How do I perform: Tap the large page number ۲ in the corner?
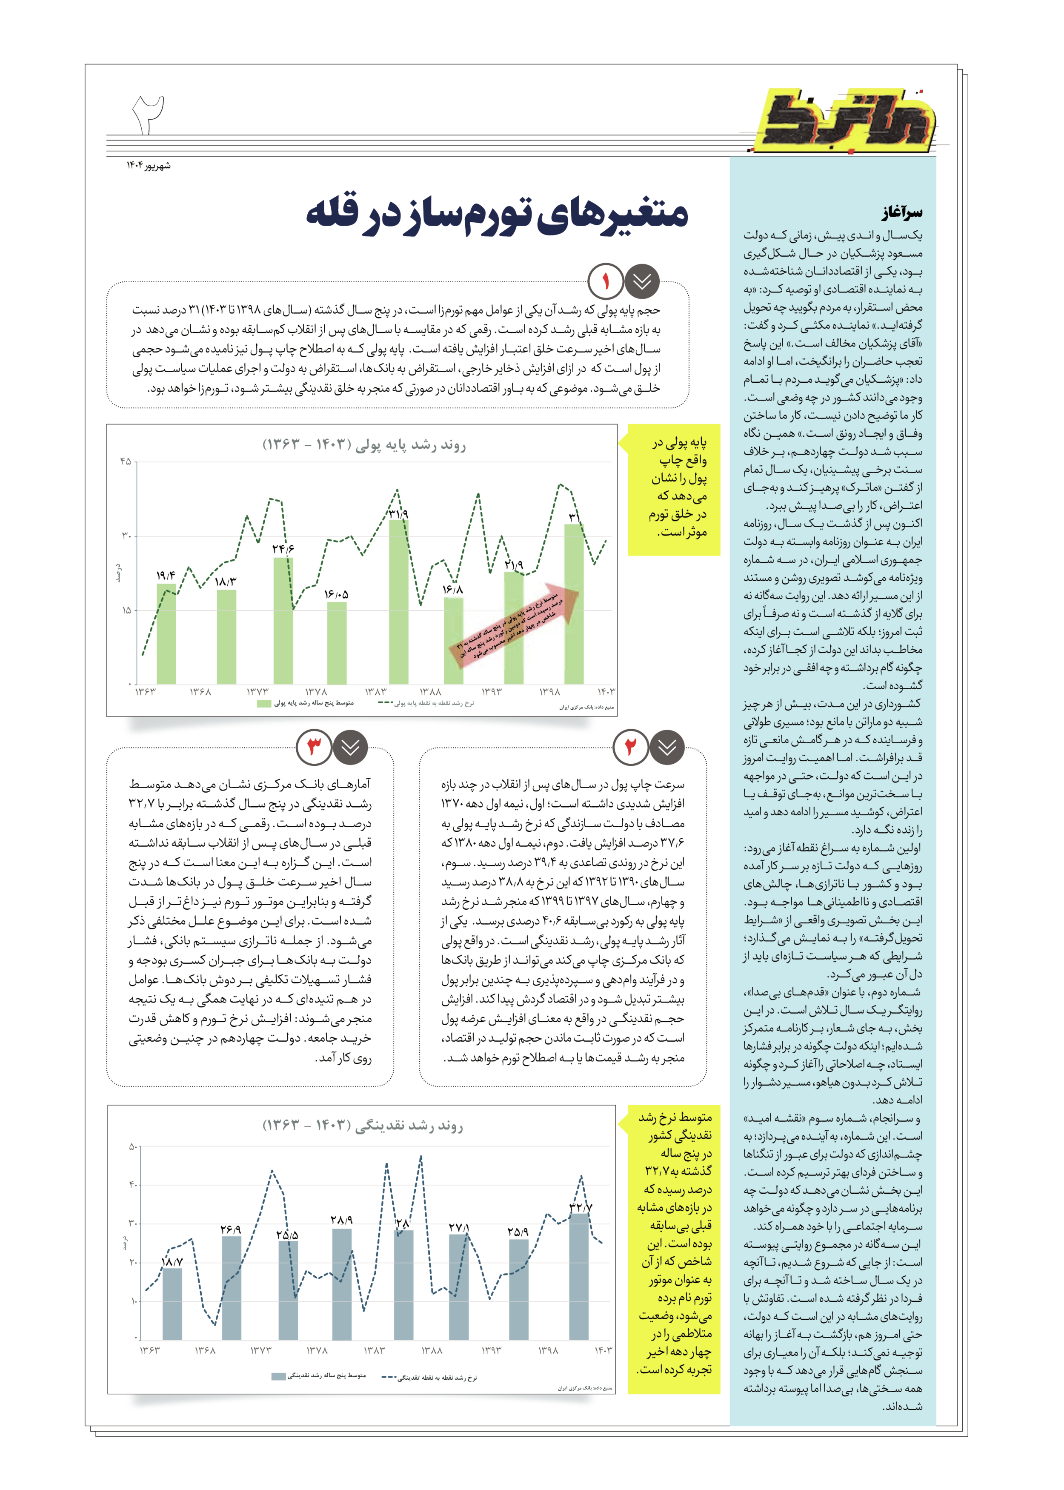pyautogui.click(x=149, y=115)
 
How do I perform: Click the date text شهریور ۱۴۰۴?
pyautogui.click(x=149, y=166)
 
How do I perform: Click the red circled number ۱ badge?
pyautogui.click(x=605, y=282)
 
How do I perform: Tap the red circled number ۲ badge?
pyautogui.click(x=630, y=747)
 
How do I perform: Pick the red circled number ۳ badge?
pyautogui.click(x=315, y=747)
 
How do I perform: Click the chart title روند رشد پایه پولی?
pyautogui.click(x=364, y=445)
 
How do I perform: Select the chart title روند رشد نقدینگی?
pyautogui.click(x=363, y=1126)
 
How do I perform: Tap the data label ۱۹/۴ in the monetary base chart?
pyautogui.click(x=166, y=575)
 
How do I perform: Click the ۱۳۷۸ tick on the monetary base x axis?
pyautogui.click(x=316, y=692)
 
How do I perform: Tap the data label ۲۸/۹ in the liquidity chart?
pyautogui.click(x=341, y=1220)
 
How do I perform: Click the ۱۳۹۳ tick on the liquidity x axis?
pyautogui.click(x=492, y=1350)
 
